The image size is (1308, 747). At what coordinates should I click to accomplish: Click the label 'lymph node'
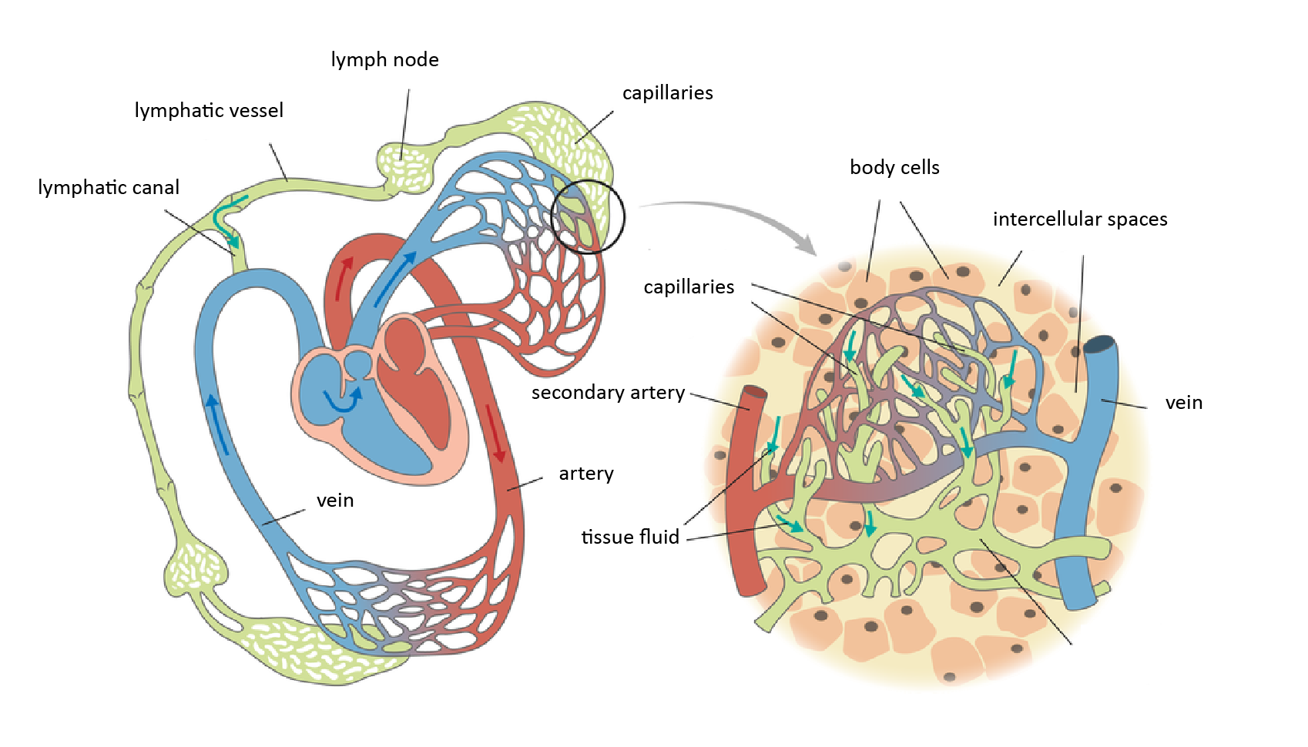[x=384, y=60]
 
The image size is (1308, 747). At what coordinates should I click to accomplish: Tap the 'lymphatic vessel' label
[x=209, y=111]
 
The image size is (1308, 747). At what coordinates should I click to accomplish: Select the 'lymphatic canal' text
[x=109, y=188]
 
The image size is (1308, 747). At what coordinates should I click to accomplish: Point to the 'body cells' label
[x=894, y=168]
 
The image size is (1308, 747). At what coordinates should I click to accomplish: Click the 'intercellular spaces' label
[x=1080, y=219]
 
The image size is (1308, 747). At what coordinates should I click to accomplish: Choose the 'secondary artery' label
[x=608, y=393]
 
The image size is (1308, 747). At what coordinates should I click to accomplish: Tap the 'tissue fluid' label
[x=630, y=537]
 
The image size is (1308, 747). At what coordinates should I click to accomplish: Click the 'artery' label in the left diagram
[x=586, y=474]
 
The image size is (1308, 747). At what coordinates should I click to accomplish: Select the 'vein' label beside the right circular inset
[x=1183, y=403]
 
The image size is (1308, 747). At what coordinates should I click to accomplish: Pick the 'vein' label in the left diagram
[x=335, y=501]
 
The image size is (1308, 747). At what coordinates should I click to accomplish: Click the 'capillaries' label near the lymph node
[x=667, y=93]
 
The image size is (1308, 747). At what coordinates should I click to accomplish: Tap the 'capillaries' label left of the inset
[x=689, y=287]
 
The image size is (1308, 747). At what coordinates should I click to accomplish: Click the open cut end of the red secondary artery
[x=755, y=394]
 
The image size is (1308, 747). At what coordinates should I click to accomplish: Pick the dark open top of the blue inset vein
[x=1100, y=344]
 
